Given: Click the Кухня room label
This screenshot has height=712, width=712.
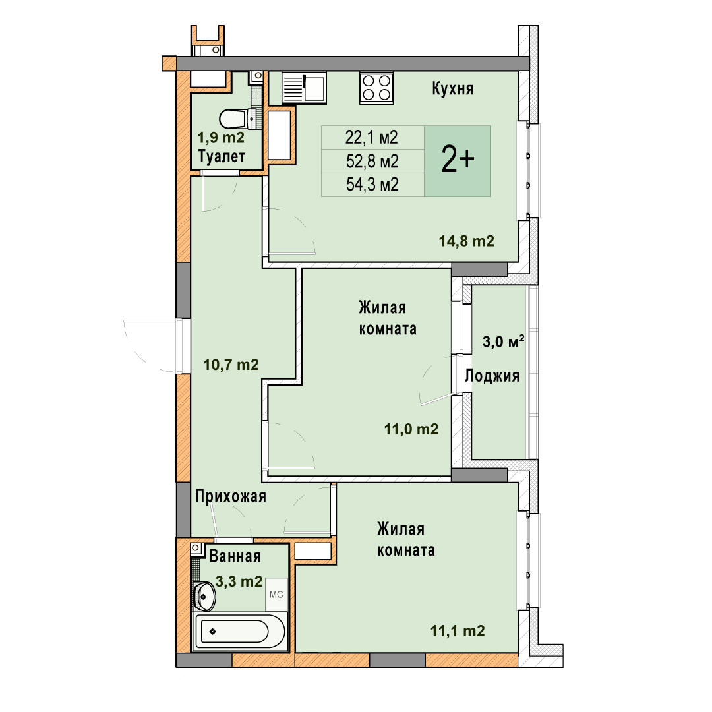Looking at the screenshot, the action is pyautogui.click(x=452, y=88).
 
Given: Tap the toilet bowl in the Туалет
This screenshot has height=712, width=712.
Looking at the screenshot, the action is pyautogui.click(x=236, y=119).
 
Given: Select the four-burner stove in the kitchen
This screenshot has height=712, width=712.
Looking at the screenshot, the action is pyautogui.click(x=376, y=88).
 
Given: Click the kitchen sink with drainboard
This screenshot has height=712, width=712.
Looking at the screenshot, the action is pyautogui.click(x=304, y=88).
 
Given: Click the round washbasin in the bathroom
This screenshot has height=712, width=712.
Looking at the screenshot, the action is pyautogui.click(x=204, y=596).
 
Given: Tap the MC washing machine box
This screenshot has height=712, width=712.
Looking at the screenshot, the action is pyautogui.click(x=276, y=595).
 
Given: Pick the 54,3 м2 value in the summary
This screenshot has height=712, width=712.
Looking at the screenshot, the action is pyautogui.click(x=372, y=185).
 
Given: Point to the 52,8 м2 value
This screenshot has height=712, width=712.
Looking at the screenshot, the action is pyautogui.click(x=372, y=162).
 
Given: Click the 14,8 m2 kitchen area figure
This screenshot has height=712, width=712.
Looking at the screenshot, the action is pyautogui.click(x=466, y=241).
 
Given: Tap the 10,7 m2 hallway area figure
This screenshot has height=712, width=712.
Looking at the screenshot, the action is pyautogui.click(x=231, y=365).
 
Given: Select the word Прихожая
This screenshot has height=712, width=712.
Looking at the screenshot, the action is pyautogui.click(x=231, y=497).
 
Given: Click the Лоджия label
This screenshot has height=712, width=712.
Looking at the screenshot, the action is pyautogui.click(x=492, y=376).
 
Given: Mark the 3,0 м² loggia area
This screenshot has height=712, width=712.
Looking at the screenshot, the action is pyautogui.click(x=503, y=341).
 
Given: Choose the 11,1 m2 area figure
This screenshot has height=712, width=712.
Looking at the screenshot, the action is pyautogui.click(x=458, y=631).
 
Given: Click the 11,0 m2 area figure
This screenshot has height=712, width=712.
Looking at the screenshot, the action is pyautogui.click(x=411, y=429).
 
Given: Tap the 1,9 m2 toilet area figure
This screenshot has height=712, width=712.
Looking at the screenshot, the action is pyautogui.click(x=221, y=137).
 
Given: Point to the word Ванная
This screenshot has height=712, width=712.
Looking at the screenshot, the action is pyautogui.click(x=235, y=556).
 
